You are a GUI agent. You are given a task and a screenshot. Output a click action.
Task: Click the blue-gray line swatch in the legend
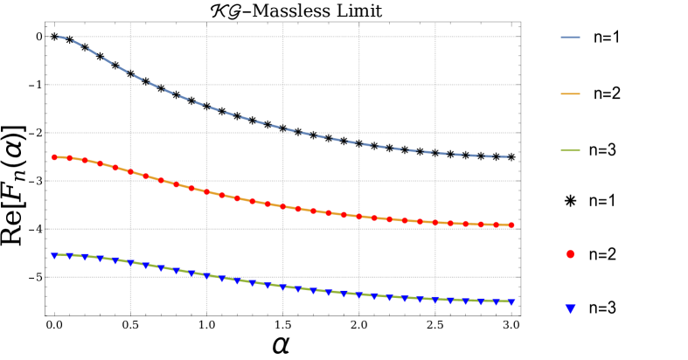(x=570, y=38)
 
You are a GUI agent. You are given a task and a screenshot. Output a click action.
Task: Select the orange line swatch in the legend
(x=570, y=93)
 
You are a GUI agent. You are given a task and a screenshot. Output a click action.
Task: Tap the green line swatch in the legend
(x=570, y=150)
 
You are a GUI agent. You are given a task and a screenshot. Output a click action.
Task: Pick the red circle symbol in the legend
(x=570, y=254)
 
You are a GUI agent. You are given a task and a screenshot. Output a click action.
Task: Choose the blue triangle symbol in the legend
(x=570, y=308)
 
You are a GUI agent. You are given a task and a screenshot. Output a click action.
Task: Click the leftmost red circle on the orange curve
(x=54, y=157)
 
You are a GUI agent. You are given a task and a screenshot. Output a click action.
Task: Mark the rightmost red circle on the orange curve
(x=511, y=225)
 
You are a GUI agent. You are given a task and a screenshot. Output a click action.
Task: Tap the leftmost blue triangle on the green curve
(x=54, y=256)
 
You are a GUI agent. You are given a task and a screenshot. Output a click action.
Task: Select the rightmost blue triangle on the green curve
(x=511, y=302)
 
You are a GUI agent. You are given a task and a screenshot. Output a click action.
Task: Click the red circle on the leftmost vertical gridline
(x=130, y=171)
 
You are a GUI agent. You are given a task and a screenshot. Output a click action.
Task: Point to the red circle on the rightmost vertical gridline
(x=435, y=223)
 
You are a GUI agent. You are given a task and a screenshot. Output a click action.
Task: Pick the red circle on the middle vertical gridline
(x=282, y=206)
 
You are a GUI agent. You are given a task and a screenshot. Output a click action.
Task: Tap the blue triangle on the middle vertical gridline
(x=282, y=287)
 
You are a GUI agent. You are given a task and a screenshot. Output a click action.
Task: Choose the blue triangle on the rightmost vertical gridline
(x=435, y=300)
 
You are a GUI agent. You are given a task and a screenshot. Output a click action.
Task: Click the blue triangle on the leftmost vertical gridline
(x=130, y=263)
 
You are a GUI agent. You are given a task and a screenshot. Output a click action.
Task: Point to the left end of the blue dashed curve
(x=55, y=36)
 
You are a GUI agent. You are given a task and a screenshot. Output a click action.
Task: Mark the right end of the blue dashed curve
(x=511, y=157)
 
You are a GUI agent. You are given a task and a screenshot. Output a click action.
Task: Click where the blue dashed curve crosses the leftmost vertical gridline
(x=130, y=73)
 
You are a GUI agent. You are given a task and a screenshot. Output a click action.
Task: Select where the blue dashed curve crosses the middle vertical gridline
(x=282, y=128)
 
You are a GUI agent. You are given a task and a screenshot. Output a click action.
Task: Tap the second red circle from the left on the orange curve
(x=70, y=158)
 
